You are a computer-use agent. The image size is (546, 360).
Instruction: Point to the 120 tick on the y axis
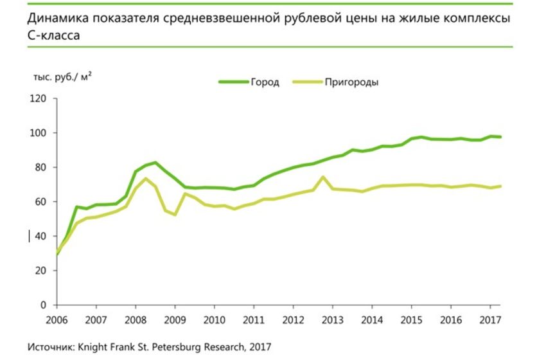click(40, 98)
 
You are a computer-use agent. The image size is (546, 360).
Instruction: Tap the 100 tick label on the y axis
click(40, 133)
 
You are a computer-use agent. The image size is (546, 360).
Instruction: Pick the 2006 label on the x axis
click(56, 319)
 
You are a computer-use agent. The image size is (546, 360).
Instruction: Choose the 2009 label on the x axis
click(175, 319)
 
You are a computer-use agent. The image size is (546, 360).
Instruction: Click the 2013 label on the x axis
click(331, 319)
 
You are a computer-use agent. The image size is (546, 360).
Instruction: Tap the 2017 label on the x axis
click(489, 319)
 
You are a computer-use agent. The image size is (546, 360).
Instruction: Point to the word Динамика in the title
click(56, 17)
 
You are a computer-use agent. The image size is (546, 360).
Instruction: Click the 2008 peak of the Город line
click(155, 163)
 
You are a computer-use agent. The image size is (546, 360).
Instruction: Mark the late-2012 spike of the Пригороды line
click(322, 177)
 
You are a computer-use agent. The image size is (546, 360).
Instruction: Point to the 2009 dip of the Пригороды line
click(175, 214)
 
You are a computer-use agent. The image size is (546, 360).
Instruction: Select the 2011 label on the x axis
click(253, 319)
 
